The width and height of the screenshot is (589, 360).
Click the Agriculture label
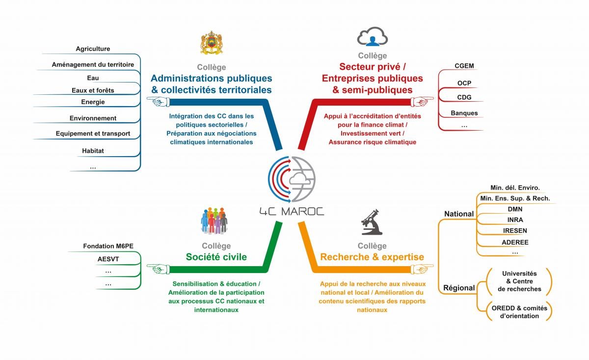[93, 49]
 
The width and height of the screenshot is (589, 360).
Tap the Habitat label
[93, 151]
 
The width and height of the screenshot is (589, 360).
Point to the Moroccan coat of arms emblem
[212, 43]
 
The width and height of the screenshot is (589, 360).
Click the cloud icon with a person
[372, 37]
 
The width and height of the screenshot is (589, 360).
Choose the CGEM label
[464, 66]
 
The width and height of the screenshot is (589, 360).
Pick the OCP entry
[464, 83]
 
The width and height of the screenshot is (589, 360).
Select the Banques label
[464, 113]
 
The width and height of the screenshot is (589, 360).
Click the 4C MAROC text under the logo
[292, 212]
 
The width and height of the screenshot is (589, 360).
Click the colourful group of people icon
[214, 221]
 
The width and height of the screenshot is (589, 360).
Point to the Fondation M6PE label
[105, 246]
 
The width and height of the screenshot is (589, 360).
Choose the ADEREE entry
[515, 242]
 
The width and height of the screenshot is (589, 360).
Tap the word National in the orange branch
[459, 214]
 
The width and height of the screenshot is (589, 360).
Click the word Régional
[459, 288]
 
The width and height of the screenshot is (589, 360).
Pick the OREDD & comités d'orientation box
[519, 312]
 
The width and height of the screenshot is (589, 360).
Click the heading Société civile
[216, 257]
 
